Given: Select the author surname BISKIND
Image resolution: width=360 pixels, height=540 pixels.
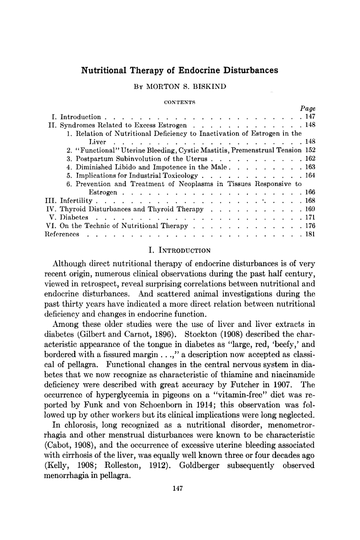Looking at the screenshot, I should (210, 86).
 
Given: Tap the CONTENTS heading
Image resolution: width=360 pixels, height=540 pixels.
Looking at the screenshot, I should (180, 102).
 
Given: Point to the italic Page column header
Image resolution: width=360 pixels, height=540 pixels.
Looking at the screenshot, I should (308, 108).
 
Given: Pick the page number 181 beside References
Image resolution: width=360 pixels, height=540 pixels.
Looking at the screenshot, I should (310, 234).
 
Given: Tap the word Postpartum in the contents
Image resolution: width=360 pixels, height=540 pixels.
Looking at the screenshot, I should (94, 159).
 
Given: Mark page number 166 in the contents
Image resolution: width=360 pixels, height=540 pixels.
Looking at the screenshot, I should (310, 192).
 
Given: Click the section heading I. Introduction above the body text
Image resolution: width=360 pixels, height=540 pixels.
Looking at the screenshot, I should (179, 250).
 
